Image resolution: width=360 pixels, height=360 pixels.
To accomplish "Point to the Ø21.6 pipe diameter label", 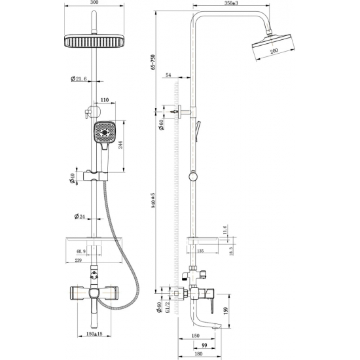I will pyautogui.click(x=80, y=80).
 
